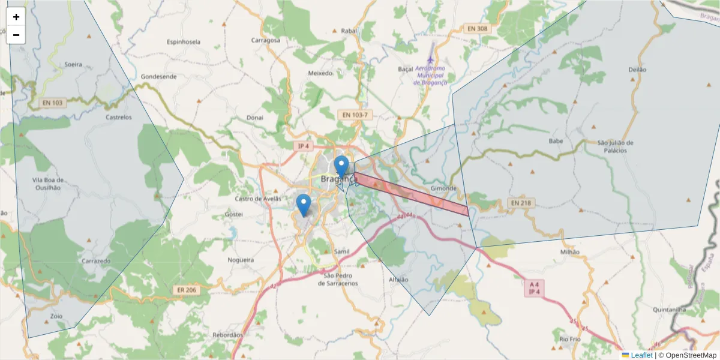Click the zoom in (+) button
tap(16, 17)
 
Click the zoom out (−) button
tap(16, 35)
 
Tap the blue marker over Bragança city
tap(341, 166)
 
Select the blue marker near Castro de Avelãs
tap(304, 204)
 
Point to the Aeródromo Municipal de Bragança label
tap(430, 76)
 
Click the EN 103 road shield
tap(52, 103)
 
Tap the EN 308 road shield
tap(478, 28)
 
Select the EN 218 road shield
tap(521, 203)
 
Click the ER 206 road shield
tap(187, 290)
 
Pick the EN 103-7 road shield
tap(356, 115)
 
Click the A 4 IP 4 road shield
tap(533, 288)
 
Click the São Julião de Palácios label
tap(615, 146)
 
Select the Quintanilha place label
tap(669, 310)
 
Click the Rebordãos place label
tap(227, 335)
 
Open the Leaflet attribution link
tap(641, 355)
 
